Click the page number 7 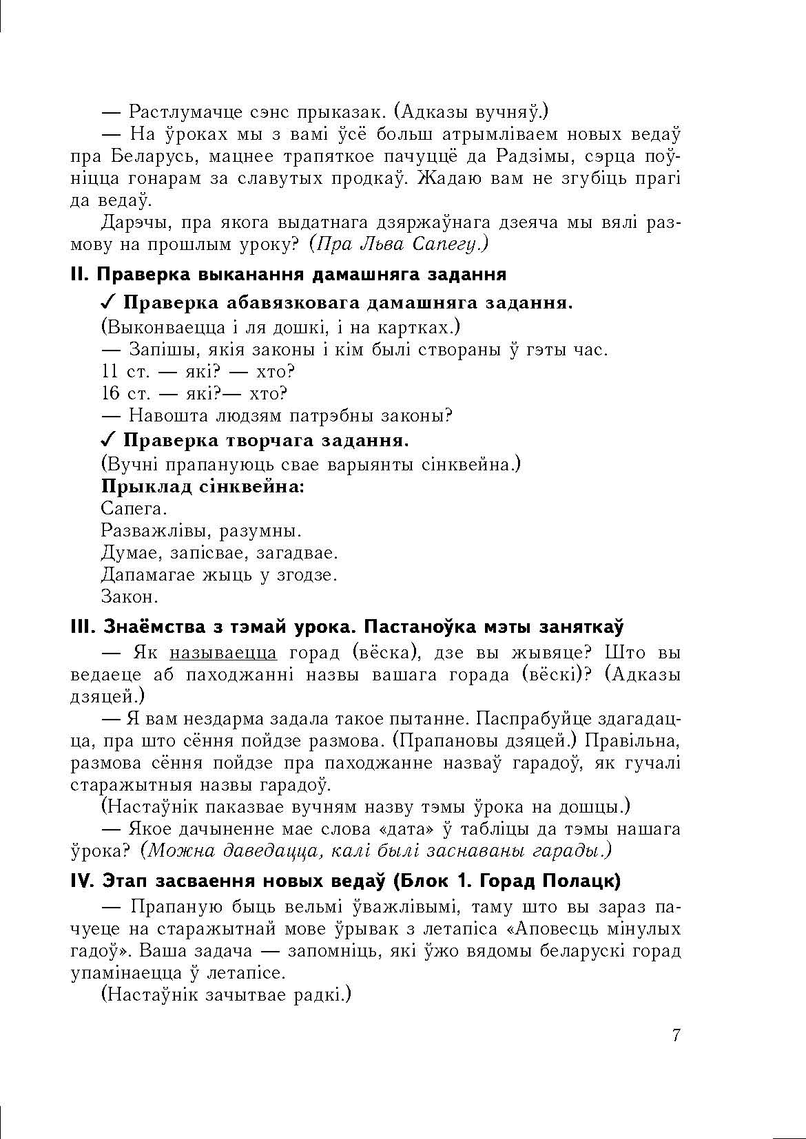click(x=676, y=1035)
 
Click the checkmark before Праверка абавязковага click(x=109, y=303)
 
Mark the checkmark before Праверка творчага click(x=109, y=440)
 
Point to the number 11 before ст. click(x=110, y=372)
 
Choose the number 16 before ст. click(x=110, y=394)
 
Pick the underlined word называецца click(x=223, y=653)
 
